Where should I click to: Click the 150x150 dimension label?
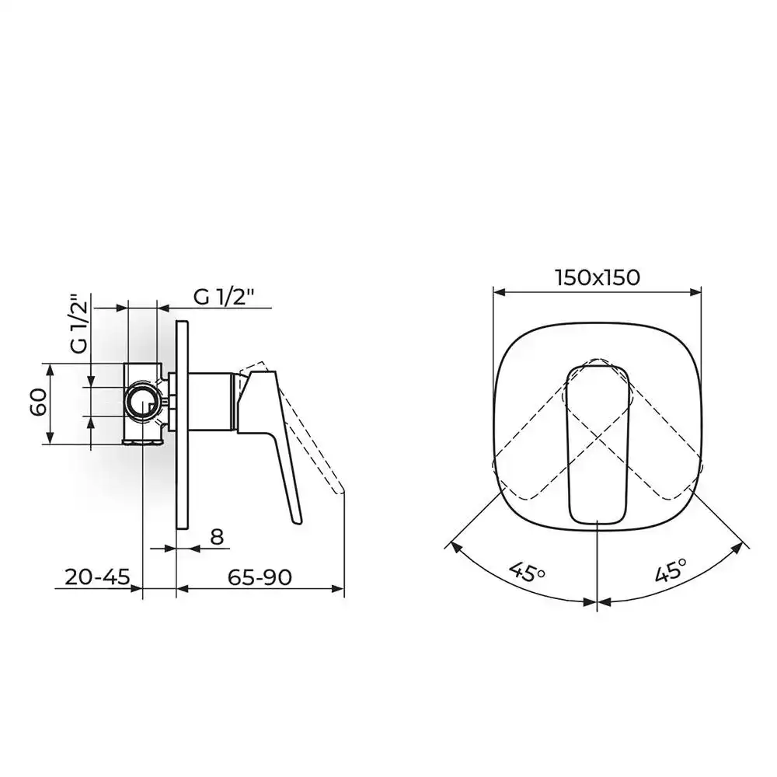598,277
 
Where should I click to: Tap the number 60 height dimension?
39,402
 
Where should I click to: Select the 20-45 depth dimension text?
97,577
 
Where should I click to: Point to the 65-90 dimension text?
260,577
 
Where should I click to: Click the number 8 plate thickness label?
217,537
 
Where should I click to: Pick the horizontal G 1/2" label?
224,297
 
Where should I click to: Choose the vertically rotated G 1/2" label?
79,325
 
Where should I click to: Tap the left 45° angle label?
527,572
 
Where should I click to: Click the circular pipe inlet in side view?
144,402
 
